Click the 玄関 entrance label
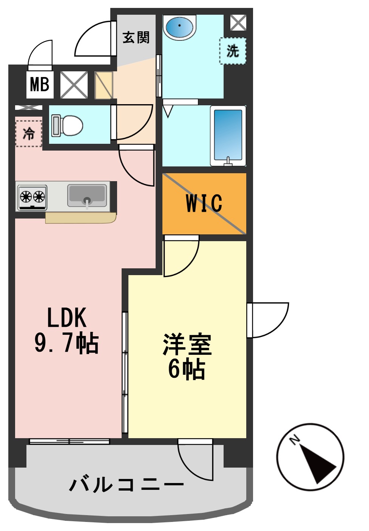[136, 37]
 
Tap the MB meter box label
[40, 84]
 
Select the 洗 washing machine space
[233, 51]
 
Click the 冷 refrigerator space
[29, 133]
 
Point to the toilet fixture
[68, 125]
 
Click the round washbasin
[180, 27]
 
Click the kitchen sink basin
[87, 195]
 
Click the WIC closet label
[204, 203]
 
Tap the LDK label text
[67, 318]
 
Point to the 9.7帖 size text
[67, 343]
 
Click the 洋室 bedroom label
[187, 344]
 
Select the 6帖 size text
[187, 369]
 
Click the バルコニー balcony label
[127, 484]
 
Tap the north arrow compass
[310, 457]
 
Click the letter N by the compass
[295, 440]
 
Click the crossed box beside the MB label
[74, 85]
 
